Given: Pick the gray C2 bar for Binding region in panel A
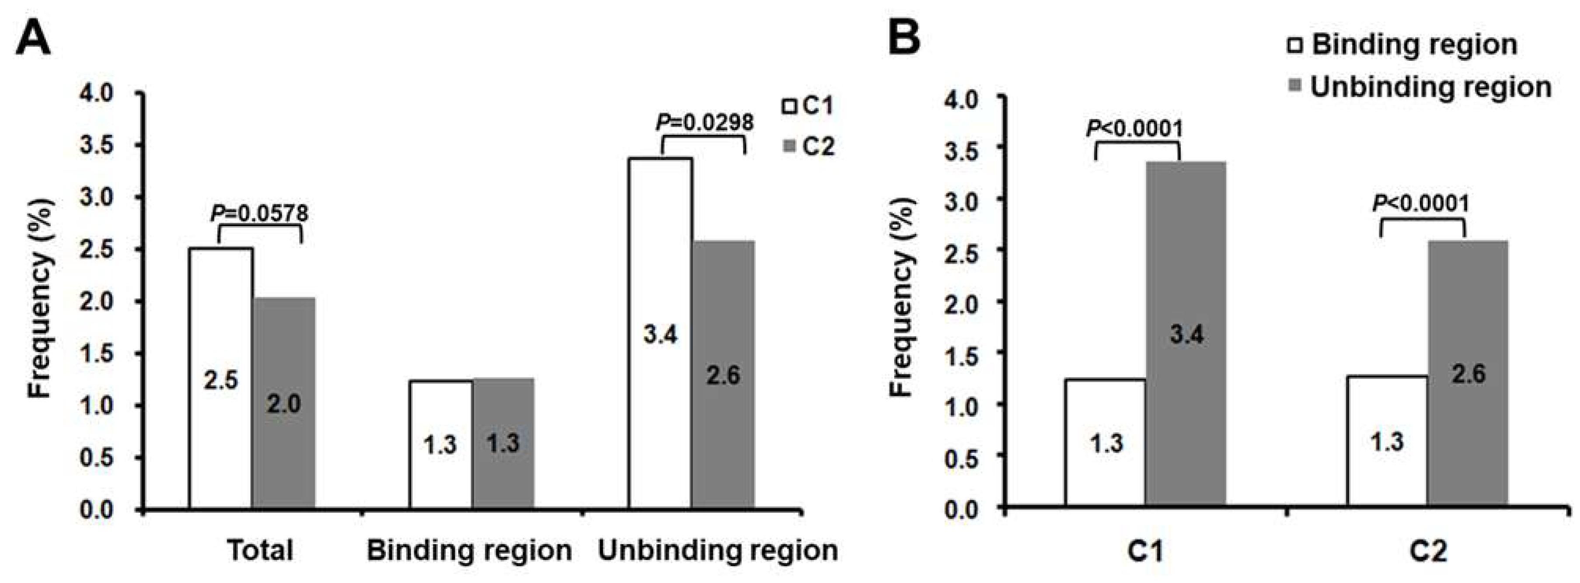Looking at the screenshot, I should coord(503,443).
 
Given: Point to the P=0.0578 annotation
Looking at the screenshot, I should coord(259,213).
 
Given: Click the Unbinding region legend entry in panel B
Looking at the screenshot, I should coord(1420,87).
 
